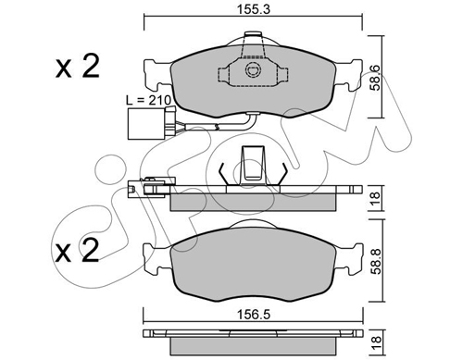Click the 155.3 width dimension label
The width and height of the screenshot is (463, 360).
pyautogui.click(x=253, y=9)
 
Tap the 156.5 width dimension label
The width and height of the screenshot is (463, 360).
pyautogui.click(x=253, y=315)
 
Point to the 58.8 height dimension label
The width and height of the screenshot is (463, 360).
pyautogui.click(x=376, y=261)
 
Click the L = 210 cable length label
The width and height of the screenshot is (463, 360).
pyautogui.click(x=148, y=100)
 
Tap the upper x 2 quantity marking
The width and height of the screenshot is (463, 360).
pyautogui.click(x=77, y=66)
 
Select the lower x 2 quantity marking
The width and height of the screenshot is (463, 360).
pyautogui.click(x=77, y=250)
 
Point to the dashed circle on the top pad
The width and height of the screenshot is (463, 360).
pyautogui.click(x=253, y=70)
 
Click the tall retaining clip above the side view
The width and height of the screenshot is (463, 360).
pyautogui.click(x=253, y=166)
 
